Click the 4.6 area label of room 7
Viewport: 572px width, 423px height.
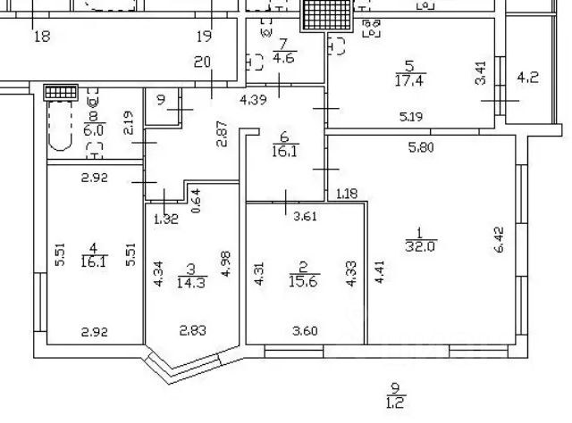point(283,59)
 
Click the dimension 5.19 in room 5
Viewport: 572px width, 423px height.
point(411,116)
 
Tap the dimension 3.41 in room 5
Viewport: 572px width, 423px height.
point(481,72)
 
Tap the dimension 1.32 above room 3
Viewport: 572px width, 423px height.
point(166,218)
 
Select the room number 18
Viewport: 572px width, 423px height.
point(41,37)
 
